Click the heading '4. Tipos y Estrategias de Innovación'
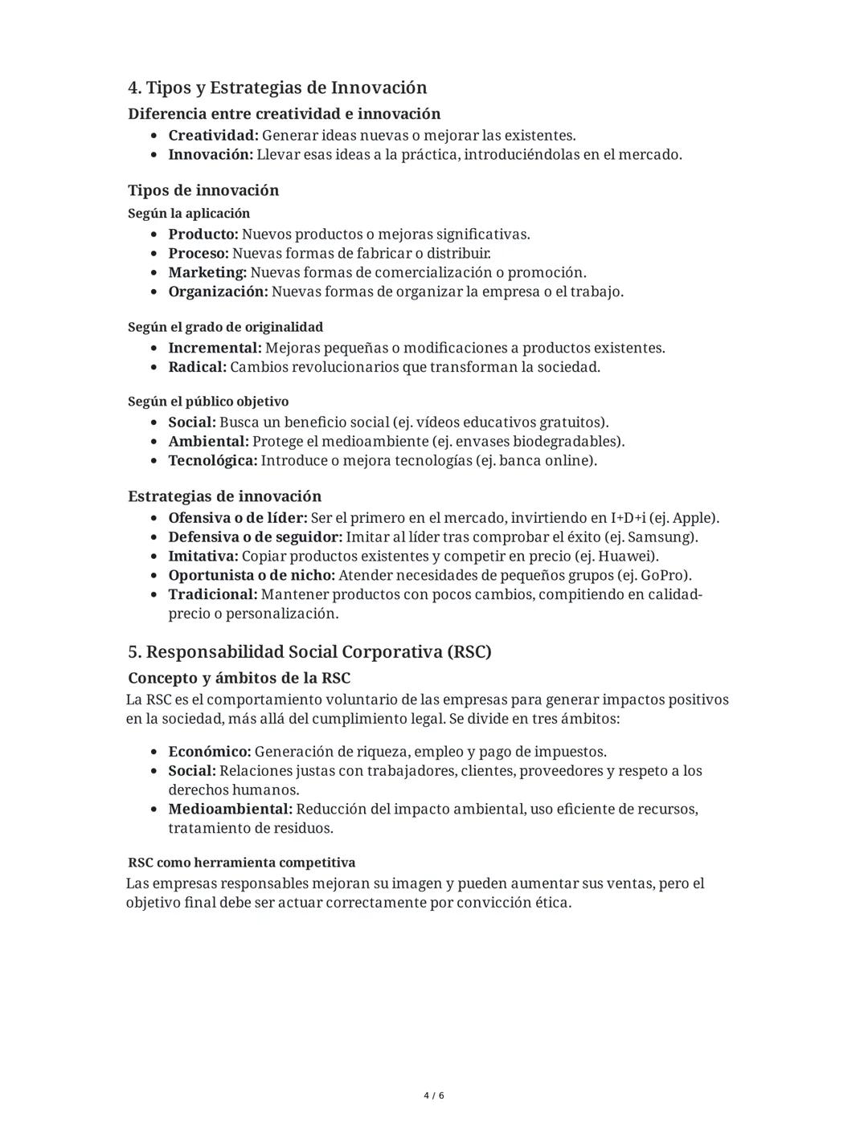(x=277, y=88)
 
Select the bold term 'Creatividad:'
(x=213, y=136)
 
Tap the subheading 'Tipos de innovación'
(x=203, y=190)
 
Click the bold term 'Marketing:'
(x=207, y=273)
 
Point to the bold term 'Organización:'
(x=218, y=292)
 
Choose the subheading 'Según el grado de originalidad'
(x=225, y=327)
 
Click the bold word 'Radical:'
(x=197, y=367)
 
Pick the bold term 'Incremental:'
(x=215, y=349)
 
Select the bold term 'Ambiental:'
(x=208, y=442)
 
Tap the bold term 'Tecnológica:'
(x=213, y=461)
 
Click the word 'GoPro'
(x=663, y=576)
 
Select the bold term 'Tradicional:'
(x=213, y=595)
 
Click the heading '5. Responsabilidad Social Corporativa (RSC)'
(x=309, y=651)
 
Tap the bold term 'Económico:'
(x=210, y=753)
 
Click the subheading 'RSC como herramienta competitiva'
(x=241, y=863)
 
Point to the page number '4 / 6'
(x=434, y=1095)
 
